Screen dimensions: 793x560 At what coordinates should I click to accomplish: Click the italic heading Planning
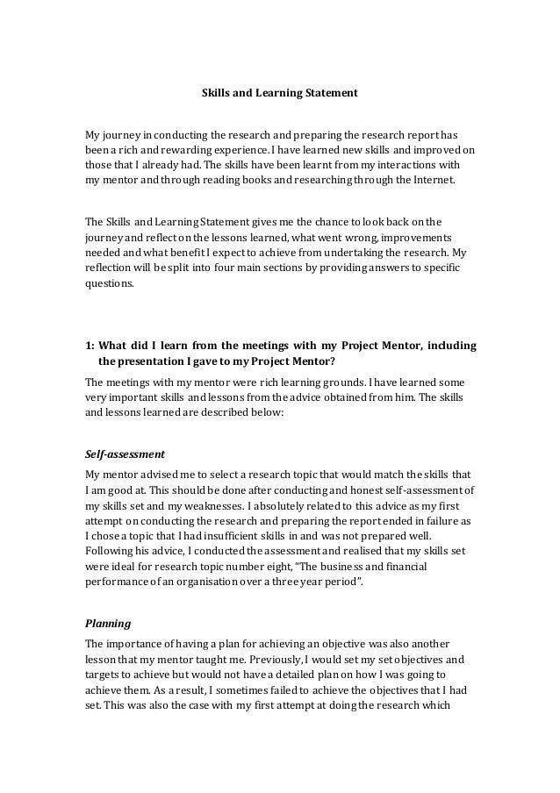tap(107, 625)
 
